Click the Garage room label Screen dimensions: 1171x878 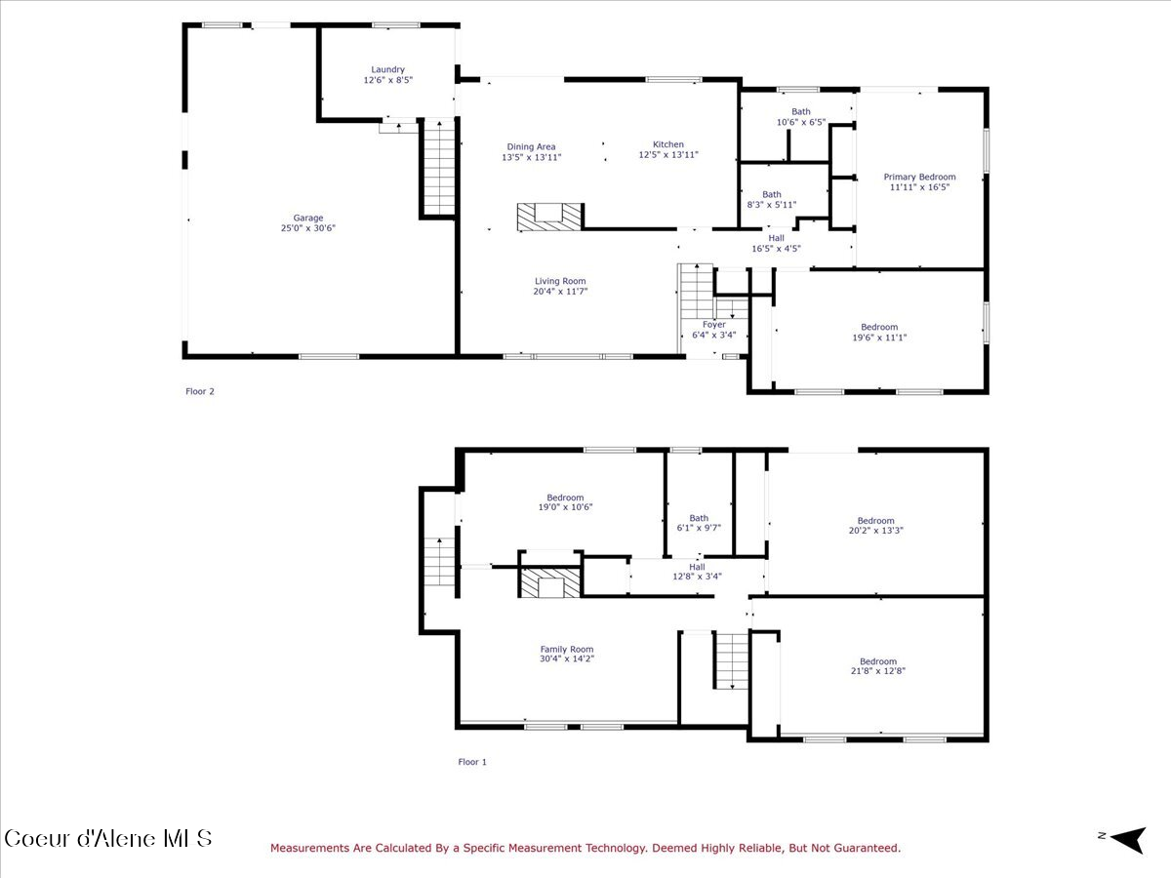[x=307, y=218]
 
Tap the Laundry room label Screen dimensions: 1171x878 [x=387, y=69]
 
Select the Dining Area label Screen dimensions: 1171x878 [x=531, y=146]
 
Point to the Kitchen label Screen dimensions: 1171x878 [x=667, y=144]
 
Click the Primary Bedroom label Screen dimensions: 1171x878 [x=919, y=177]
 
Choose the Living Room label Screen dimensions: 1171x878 [x=560, y=281]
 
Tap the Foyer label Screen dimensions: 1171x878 [x=713, y=325]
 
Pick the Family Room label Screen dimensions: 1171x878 [x=567, y=650]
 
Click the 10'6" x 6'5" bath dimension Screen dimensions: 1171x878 [x=801, y=122]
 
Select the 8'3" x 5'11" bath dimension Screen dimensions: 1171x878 [x=772, y=205]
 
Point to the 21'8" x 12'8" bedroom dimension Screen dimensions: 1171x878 [x=877, y=671]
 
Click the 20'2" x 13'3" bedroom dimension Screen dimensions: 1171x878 [x=875, y=531]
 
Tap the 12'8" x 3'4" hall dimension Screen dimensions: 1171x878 [x=697, y=577]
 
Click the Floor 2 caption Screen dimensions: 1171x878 [x=199, y=391]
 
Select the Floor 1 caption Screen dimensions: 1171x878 [x=472, y=762]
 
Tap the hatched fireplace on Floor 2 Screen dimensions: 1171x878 [x=549, y=217]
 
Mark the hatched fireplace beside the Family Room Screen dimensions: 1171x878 [x=550, y=582]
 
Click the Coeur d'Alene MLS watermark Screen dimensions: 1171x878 [x=107, y=839]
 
